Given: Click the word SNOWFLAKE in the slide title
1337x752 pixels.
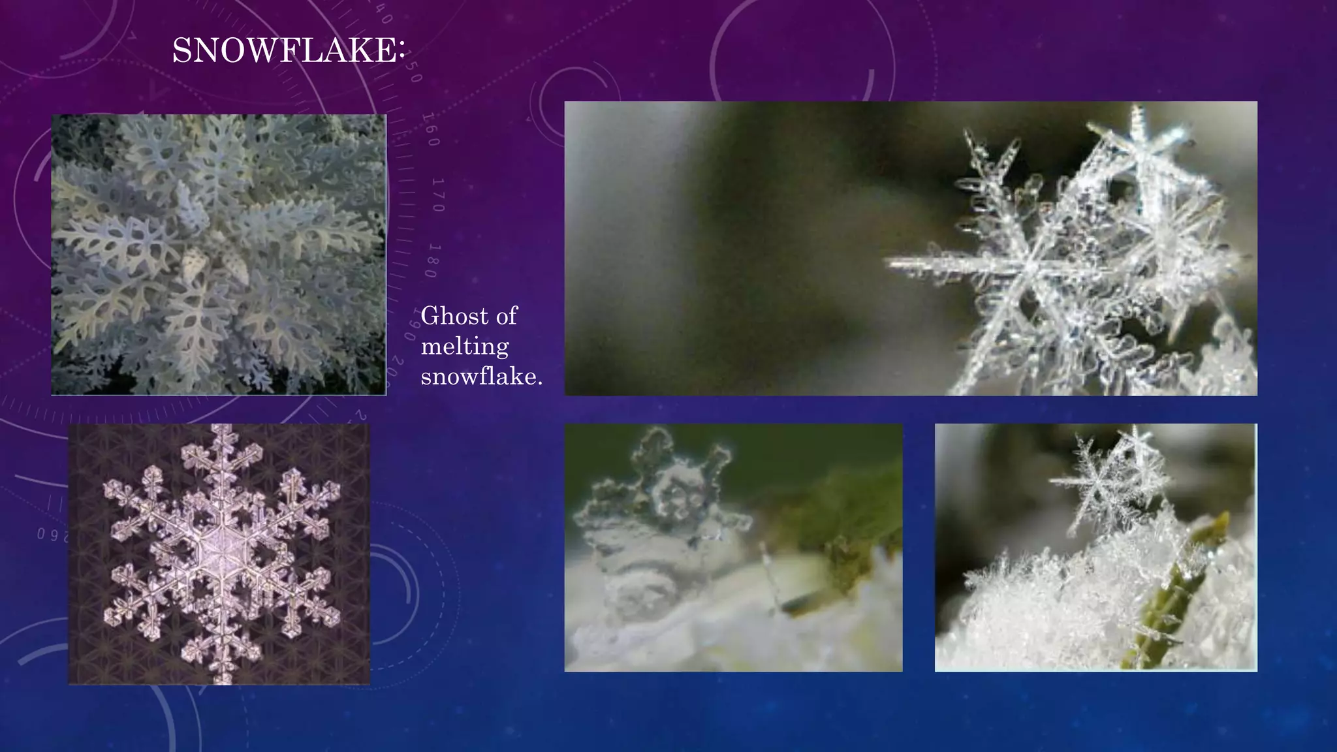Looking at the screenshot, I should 283,51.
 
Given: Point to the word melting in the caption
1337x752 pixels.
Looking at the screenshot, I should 464,346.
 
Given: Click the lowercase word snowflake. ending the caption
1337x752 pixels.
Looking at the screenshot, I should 481,376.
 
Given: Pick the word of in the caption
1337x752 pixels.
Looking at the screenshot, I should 507,316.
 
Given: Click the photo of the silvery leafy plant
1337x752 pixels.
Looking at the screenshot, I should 219,255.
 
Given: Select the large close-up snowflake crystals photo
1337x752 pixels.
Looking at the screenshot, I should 910,248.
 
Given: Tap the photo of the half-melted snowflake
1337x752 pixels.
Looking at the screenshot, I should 733,547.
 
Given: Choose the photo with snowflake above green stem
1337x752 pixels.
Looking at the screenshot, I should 1095,547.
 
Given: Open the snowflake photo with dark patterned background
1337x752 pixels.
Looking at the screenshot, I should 219,554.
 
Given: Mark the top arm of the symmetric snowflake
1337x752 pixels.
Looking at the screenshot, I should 222,450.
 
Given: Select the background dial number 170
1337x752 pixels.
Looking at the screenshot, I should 437,195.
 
